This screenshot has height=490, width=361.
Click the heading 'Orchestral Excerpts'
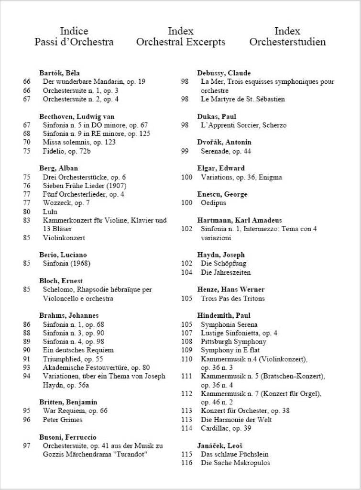point(180,42)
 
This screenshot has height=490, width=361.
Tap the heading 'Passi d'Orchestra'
point(74,42)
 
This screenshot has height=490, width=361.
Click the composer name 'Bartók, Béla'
point(59,73)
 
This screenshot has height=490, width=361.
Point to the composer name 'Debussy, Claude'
point(224,73)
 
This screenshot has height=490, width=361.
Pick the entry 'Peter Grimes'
point(63,420)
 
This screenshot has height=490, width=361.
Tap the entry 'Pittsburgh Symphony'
point(233,342)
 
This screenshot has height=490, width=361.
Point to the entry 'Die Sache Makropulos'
point(235,463)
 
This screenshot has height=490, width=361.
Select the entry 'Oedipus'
point(213,203)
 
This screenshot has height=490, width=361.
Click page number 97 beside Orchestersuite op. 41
point(26,445)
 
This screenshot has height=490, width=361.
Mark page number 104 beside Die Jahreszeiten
point(186,272)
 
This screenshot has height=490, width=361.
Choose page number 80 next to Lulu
point(26,212)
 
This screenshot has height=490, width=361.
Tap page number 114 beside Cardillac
point(186,428)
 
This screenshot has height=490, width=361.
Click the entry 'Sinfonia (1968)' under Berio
point(66,263)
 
